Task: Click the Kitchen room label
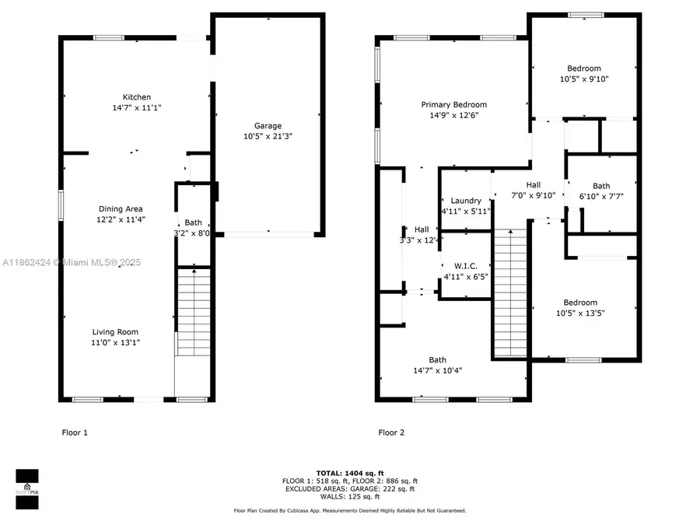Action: coord(136,97)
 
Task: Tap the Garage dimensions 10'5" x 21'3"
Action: coord(268,136)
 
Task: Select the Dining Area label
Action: coord(121,208)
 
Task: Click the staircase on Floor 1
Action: coord(194,311)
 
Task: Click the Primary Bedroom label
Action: coord(454,105)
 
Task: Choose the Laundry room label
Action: coord(466,201)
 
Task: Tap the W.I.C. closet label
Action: coord(466,266)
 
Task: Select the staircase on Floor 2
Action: coord(510,292)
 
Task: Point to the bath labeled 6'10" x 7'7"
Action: coord(601,186)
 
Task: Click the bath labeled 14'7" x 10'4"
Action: coord(438,359)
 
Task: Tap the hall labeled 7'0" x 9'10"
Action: coord(533,184)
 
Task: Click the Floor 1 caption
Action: coord(75,432)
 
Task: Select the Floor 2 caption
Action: coord(391,432)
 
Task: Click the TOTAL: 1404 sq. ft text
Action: coord(349,473)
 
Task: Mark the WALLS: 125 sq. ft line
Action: coord(349,496)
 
